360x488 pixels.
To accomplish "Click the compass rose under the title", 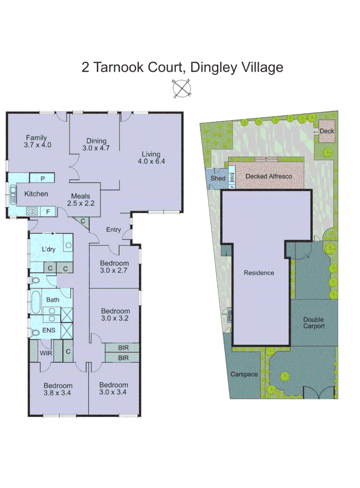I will (182, 88).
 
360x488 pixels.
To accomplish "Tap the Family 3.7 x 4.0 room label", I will (36, 141).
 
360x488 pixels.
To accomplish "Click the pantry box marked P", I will (42, 178).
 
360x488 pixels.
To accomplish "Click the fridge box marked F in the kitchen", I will (47, 211).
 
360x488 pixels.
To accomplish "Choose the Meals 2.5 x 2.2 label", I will (82, 199).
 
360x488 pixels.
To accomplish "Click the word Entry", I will (113, 230).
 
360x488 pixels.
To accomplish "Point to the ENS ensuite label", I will (48, 330).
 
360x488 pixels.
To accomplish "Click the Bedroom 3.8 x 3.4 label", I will (58, 389).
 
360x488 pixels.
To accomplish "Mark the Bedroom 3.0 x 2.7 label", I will (114, 267).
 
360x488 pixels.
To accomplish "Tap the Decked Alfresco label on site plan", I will (268, 176).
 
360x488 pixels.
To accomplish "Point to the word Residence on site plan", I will (259, 272).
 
